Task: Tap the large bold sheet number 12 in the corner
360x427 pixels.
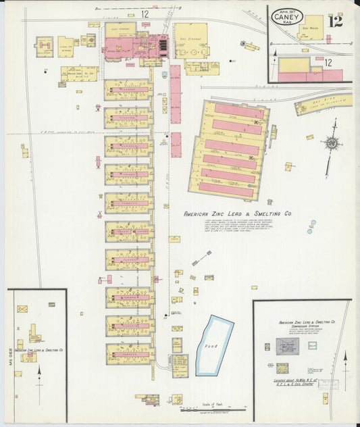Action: tap(336, 20)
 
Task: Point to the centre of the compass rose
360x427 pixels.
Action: tap(332, 143)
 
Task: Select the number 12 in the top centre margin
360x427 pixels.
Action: tap(145, 14)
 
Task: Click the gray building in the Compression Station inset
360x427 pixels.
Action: tap(287, 346)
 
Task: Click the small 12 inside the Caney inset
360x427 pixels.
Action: tap(329, 63)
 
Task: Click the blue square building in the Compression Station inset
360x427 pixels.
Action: tap(313, 345)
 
